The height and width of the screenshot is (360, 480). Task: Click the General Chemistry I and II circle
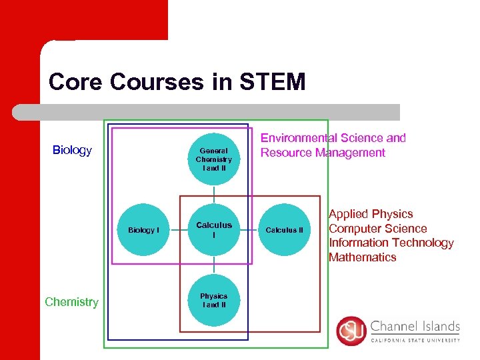(213, 159)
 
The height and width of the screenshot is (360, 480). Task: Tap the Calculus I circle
(213, 230)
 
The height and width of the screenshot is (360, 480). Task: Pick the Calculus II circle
(284, 230)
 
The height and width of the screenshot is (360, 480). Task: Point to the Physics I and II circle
(213, 301)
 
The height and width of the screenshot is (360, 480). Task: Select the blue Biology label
(72, 150)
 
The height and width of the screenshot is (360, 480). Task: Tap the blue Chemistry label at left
(71, 302)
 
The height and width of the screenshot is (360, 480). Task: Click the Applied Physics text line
(371, 214)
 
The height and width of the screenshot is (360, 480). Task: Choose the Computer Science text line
(377, 229)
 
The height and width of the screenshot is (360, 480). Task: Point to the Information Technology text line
(391, 243)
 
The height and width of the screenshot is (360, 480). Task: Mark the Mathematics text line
(362, 257)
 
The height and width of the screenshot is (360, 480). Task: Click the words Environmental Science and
(333, 138)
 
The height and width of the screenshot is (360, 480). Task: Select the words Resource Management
(323, 153)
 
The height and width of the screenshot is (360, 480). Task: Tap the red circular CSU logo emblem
(351, 331)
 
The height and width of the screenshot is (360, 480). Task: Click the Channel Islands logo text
(415, 327)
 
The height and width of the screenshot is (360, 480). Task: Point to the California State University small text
(415, 340)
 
